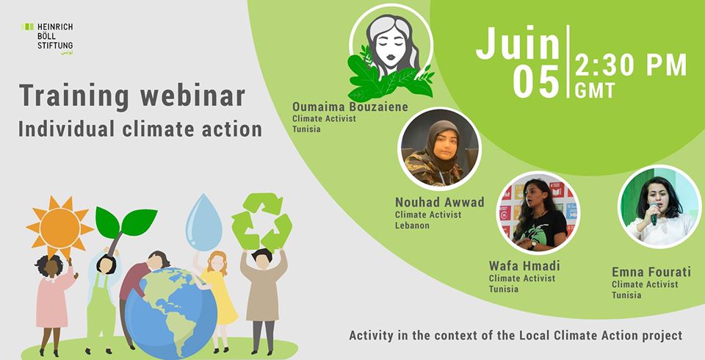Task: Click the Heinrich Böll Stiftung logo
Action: point(47,39)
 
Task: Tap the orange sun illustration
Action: point(59,228)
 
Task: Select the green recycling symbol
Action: point(261,221)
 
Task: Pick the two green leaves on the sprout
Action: point(126,221)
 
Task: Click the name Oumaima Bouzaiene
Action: point(350,107)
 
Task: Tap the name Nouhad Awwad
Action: point(440,203)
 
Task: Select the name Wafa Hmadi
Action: point(524,265)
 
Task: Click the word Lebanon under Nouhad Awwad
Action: point(412,226)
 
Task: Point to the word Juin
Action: point(518,43)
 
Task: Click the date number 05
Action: point(536,82)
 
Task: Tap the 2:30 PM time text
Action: point(632,65)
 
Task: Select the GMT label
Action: point(595,90)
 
